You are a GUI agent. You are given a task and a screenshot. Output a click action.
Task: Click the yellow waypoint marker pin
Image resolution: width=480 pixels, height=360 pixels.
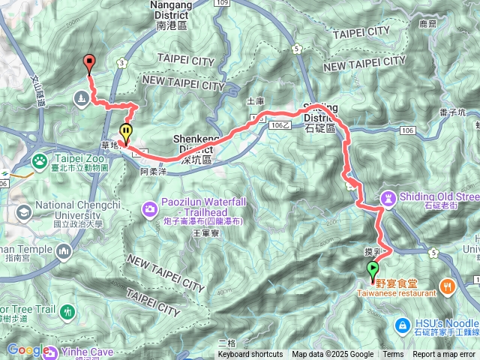126,133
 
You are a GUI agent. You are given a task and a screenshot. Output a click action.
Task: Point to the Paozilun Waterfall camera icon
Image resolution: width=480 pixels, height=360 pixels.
149,206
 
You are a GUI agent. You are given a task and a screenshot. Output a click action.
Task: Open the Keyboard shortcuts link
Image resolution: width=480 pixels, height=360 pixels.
250,355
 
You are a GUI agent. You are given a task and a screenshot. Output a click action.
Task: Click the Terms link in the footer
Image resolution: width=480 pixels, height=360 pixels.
393,355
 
